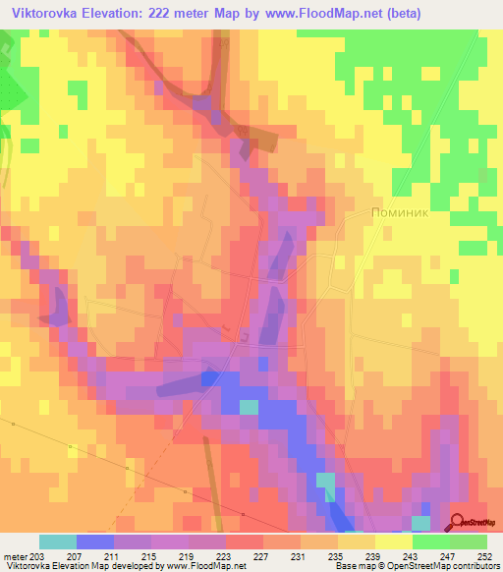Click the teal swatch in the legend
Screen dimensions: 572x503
click(x=57, y=542)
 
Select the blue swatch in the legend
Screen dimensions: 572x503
click(x=94, y=542)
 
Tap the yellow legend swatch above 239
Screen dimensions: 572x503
click(x=356, y=542)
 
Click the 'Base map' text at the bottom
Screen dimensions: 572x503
click(x=353, y=567)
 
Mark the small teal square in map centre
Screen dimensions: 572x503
click(x=250, y=406)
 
